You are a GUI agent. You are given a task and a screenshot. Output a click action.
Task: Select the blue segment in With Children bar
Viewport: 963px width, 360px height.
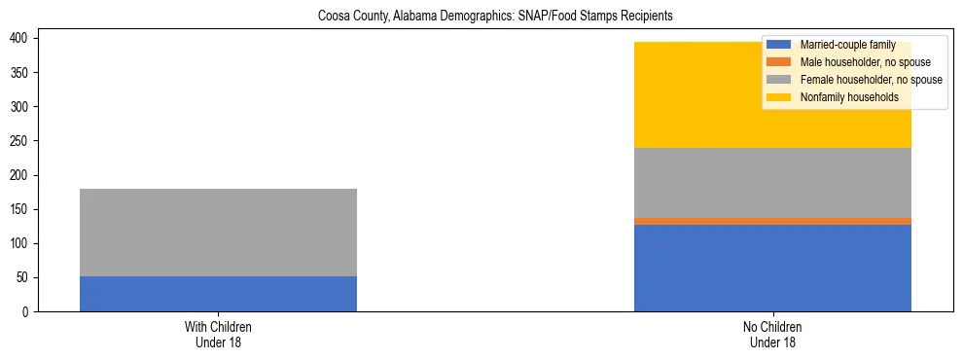pos(218,294)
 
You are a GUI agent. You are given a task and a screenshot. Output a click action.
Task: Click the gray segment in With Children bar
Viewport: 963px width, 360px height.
pos(218,232)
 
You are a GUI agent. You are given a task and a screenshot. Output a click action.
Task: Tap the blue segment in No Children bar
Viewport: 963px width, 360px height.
pos(772,268)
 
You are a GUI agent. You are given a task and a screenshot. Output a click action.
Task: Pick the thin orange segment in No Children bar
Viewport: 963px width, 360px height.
pos(772,221)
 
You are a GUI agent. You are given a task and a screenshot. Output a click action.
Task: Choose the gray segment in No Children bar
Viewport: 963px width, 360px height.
pos(772,183)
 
